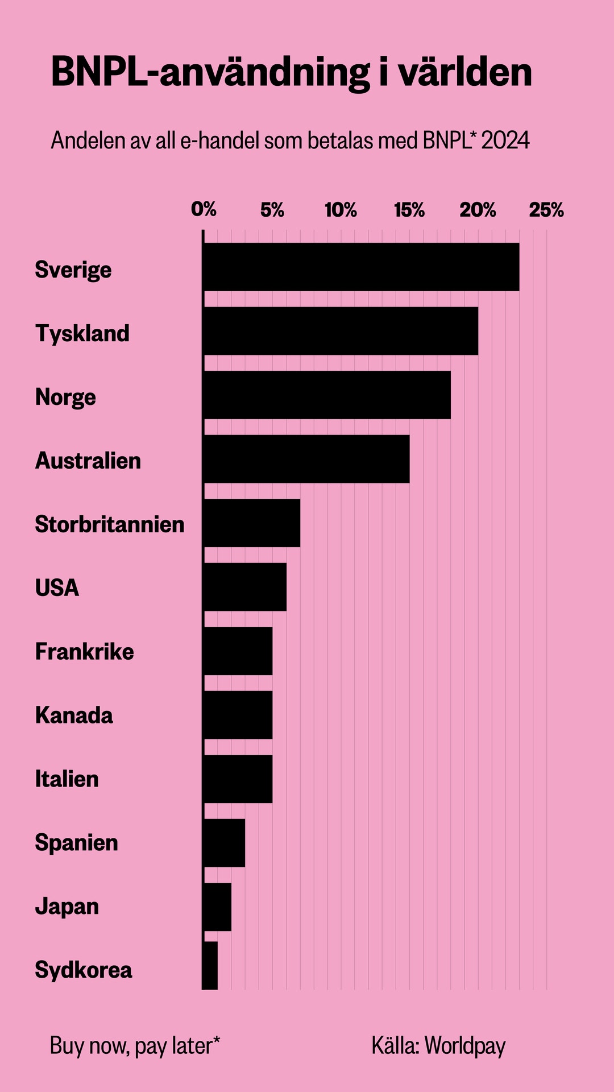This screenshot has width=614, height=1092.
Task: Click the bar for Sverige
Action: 361,267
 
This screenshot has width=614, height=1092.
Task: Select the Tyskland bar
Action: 341,331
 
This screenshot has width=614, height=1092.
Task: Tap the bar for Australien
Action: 306,459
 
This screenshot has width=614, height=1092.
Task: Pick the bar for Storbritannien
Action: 251,523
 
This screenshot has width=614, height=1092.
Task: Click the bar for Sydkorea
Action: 210,965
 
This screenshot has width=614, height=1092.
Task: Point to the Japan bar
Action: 217,907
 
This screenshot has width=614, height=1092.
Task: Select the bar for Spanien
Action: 224,843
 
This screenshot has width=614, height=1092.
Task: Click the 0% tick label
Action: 204,210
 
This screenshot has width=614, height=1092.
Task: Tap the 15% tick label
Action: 409,210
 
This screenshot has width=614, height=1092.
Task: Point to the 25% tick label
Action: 546,210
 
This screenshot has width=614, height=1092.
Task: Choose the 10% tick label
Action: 341,210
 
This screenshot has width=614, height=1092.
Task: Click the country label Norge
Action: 65,397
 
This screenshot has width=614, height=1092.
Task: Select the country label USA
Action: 57,588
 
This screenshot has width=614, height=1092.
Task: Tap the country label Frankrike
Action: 84,651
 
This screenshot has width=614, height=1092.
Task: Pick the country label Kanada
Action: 74,715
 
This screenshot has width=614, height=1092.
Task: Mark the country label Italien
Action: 67,779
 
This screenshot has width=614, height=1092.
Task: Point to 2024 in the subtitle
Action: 505,140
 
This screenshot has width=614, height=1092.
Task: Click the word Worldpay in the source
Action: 464,1045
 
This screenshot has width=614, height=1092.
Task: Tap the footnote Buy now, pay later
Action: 135,1045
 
